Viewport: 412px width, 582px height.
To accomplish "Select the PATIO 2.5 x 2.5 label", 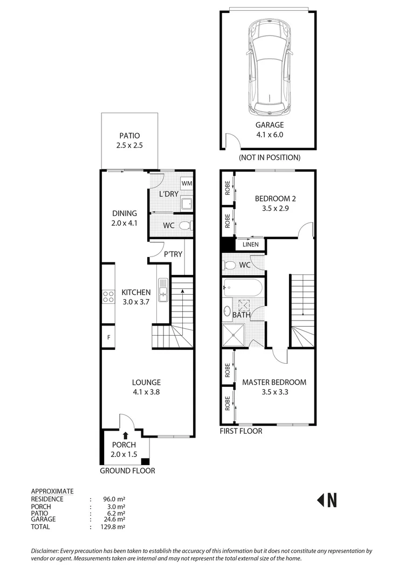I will coord(129,141).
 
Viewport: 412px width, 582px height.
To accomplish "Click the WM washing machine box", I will coord(187,184).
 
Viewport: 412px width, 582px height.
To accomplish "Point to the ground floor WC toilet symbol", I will coord(184,226).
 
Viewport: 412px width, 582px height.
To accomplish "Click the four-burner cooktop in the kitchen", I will coord(108,295).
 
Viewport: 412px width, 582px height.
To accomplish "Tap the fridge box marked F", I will coord(108,338).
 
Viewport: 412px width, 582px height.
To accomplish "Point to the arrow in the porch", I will coord(125,435).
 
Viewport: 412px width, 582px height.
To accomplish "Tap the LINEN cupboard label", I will coord(250,245).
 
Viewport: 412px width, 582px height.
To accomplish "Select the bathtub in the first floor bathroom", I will coord(243,288).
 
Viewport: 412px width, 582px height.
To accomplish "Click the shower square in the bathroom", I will coord(234,335).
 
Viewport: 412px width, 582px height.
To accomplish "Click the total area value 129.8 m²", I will coord(114,526).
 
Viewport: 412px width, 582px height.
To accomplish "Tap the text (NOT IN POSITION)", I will coord(269,157).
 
